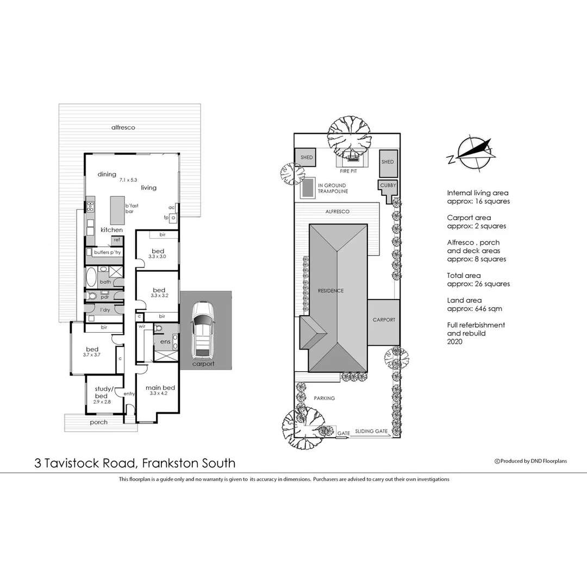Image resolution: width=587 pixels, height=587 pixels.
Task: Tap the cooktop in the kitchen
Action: (x=90, y=207)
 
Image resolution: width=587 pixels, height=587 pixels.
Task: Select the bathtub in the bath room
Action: (x=91, y=277)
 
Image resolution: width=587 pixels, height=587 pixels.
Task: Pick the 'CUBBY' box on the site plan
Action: (x=388, y=186)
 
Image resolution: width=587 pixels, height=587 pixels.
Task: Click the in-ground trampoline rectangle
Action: (x=308, y=188)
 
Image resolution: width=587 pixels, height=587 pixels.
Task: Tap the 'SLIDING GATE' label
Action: (x=371, y=431)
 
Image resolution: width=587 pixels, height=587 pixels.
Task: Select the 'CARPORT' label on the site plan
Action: (x=384, y=320)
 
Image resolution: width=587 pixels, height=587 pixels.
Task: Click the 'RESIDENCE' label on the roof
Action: (x=330, y=291)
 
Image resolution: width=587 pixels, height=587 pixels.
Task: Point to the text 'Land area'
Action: (x=464, y=300)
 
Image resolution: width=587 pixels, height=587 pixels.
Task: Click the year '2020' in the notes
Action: (x=455, y=342)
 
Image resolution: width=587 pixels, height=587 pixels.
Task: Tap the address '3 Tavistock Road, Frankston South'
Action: (x=135, y=463)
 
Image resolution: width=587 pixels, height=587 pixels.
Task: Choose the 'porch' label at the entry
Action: (x=98, y=422)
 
